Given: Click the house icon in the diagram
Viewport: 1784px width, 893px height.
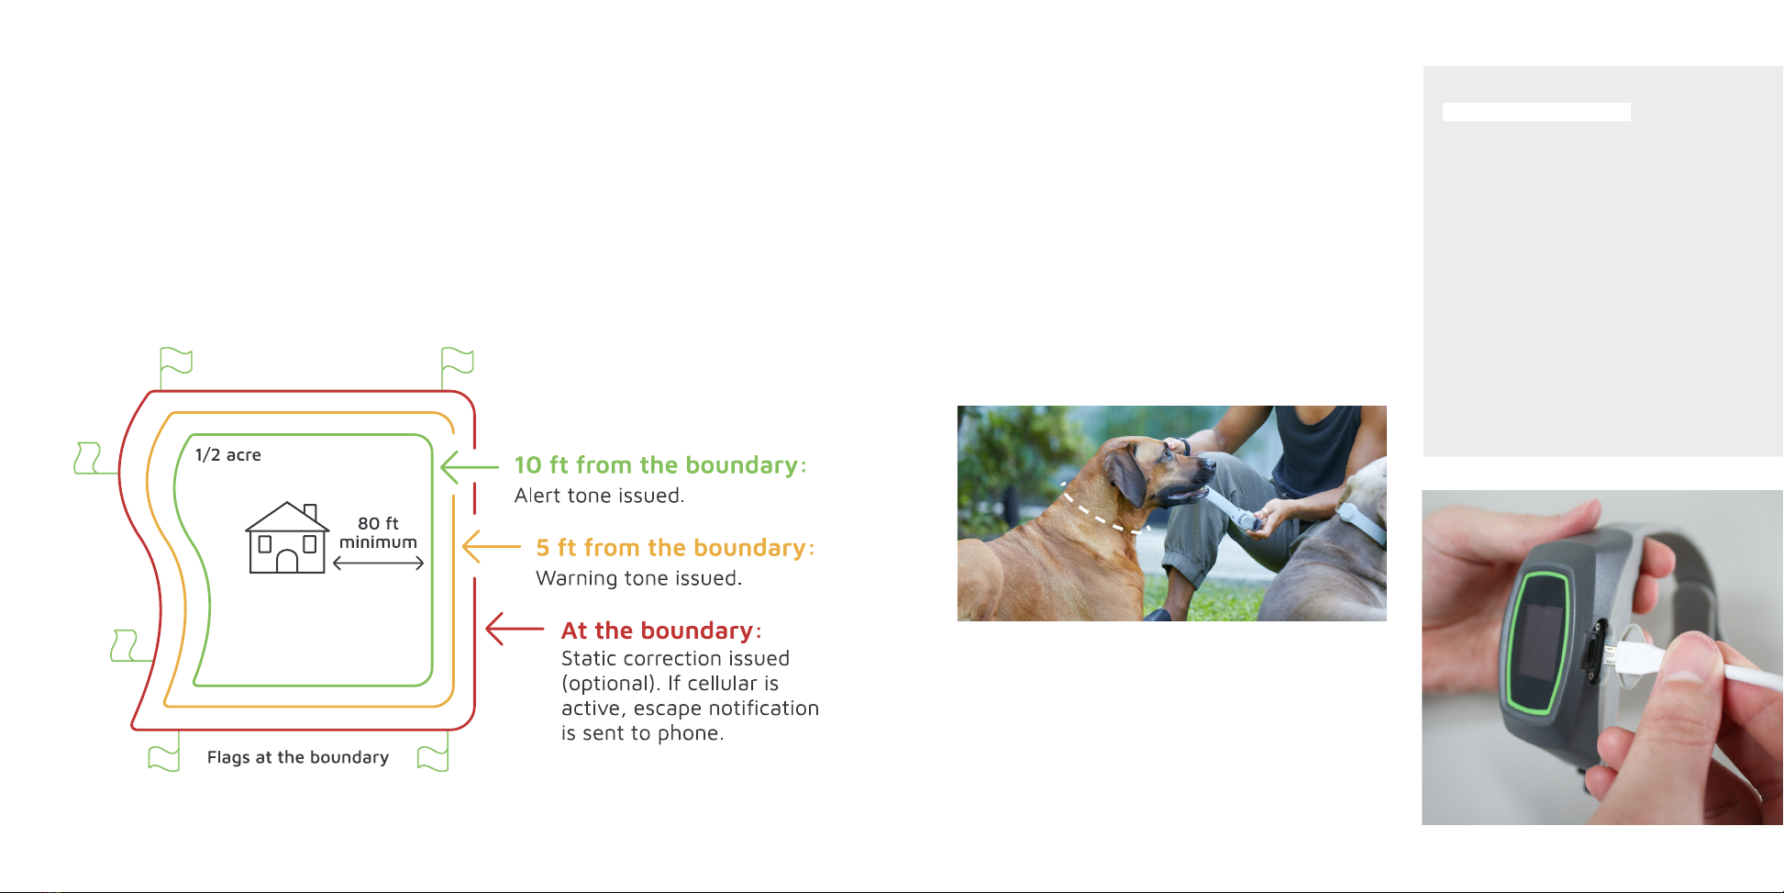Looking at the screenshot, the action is [x=287, y=538].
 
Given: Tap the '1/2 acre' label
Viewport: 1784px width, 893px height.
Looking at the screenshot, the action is [x=228, y=455].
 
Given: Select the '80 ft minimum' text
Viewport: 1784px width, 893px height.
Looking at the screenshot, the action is [x=378, y=532].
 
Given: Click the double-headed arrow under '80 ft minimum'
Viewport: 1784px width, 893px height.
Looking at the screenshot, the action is [x=378, y=564].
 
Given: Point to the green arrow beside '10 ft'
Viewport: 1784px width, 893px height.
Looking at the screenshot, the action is [x=470, y=467].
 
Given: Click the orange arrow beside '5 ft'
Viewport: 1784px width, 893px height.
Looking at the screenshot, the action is [x=492, y=547].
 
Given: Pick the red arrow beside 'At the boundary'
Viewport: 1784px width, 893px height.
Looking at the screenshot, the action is [x=515, y=629].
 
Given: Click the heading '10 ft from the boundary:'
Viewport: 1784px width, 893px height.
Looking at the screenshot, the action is [x=660, y=465].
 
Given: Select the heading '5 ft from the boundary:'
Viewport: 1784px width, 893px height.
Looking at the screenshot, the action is [x=675, y=548].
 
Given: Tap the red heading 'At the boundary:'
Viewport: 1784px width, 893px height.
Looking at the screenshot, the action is [x=661, y=631].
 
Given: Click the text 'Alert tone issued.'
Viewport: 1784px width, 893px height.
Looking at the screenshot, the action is [x=600, y=496].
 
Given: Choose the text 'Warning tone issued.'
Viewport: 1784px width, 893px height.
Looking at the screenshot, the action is [x=639, y=578].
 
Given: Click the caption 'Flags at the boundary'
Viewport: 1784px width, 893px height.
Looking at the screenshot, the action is [x=298, y=757].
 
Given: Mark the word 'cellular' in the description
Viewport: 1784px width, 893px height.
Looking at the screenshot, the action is [x=733, y=684].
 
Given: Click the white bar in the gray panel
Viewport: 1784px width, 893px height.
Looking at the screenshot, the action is [x=1536, y=112].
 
